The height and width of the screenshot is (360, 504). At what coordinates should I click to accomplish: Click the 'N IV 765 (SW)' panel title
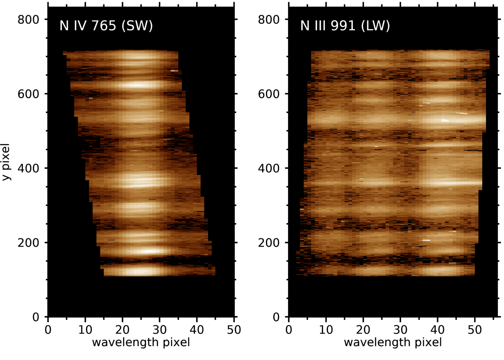click(106, 26)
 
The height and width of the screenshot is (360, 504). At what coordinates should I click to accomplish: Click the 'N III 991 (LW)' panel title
click(345, 26)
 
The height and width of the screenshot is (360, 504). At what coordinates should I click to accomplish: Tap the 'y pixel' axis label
click(6, 162)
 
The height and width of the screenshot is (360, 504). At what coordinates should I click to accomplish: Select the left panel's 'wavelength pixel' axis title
click(141, 342)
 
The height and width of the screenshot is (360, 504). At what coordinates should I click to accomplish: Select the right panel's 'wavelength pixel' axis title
click(393, 342)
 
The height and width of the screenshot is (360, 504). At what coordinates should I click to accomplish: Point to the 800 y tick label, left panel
click(28, 19)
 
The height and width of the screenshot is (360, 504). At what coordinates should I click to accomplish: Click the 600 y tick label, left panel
click(28, 94)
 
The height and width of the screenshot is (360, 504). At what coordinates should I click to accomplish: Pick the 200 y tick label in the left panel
click(28, 243)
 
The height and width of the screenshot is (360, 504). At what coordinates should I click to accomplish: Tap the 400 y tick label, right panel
click(269, 168)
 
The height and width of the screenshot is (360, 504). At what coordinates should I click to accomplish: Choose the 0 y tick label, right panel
click(276, 317)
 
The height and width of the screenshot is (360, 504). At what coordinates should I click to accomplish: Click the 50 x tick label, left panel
click(234, 330)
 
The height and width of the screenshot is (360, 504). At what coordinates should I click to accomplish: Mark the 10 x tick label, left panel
click(85, 330)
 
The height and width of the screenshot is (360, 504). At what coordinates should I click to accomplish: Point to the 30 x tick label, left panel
click(159, 330)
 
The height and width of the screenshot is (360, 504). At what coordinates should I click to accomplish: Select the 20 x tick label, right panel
click(363, 330)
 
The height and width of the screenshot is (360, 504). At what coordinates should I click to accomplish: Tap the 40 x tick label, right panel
click(437, 330)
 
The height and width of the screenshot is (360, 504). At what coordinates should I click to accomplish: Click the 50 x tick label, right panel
click(474, 330)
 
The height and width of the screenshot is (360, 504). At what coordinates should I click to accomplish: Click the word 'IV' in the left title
click(80, 26)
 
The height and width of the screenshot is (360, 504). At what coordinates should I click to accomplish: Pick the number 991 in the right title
click(343, 26)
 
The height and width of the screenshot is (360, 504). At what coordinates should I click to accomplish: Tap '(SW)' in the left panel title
click(137, 26)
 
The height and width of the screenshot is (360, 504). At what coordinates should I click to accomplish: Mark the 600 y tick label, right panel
click(269, 94)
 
